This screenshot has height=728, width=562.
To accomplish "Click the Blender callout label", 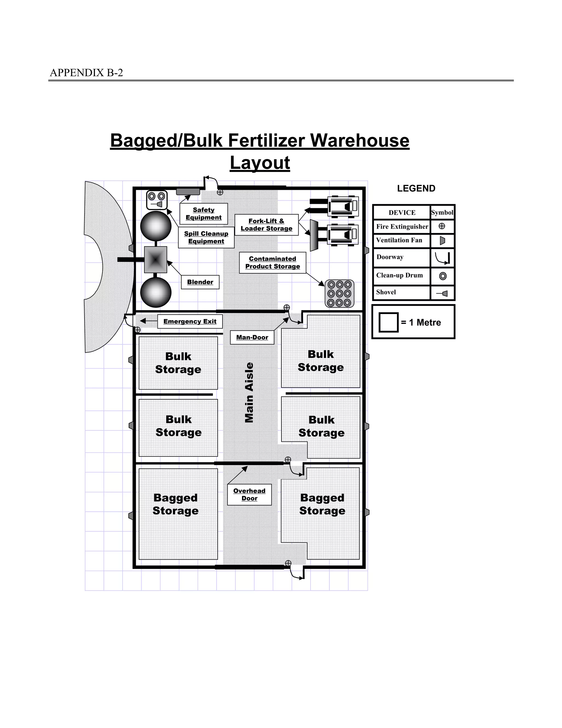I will (200, 282).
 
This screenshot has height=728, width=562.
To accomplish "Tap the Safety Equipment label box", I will (203, 214).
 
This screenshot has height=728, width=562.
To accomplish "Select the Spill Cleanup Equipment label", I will (206, 237).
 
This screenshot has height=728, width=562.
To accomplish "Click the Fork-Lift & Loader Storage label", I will (266, 225).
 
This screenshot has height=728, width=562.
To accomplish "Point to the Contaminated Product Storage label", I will (272, 263).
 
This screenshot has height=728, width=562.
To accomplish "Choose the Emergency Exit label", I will (190, 321).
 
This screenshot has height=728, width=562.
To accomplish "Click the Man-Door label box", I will (252, 337).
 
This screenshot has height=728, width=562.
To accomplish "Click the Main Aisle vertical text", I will (249, 392).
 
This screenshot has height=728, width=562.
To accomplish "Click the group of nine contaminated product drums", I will (339, 294).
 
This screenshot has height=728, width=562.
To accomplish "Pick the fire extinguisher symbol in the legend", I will (442, 226).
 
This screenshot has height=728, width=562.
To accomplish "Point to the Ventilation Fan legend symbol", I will (442, 240).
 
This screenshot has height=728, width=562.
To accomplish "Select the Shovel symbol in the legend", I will (442, 293).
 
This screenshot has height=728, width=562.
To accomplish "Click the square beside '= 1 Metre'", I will (389, 322).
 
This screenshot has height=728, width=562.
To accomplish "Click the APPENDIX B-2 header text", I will (86, 73).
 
